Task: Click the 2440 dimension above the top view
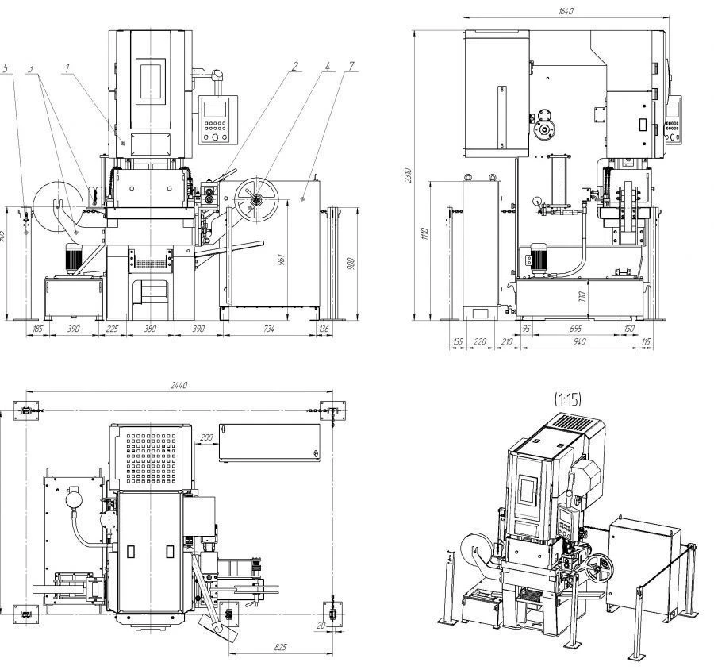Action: click(179, 385)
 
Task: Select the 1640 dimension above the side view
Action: click(566, 11)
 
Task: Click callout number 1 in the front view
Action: click(69, 69)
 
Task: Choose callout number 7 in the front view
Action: click(350, 67)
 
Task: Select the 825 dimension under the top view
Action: click(280, 648)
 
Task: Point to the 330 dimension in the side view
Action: click(583, 297)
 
